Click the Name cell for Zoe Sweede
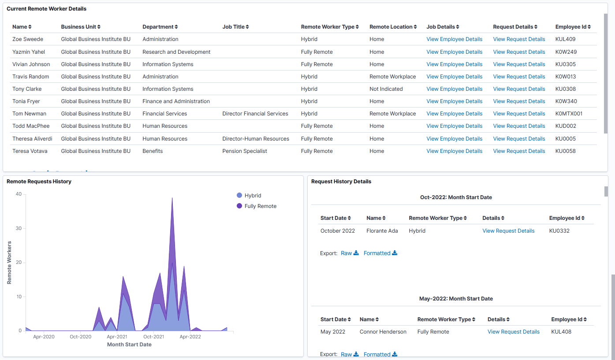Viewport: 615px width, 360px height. [28, 39]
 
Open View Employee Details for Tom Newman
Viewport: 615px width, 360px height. [454, 114]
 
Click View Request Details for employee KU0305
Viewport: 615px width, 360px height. [519, 64]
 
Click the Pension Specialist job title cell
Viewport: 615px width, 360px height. [245, 151]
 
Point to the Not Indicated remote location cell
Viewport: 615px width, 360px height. [386, 89]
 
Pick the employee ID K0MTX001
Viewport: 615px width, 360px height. [569, 114]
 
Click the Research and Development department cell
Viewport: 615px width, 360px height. [176, 52]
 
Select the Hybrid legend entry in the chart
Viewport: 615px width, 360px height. [253, 196]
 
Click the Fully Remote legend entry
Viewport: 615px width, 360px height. [260, 206]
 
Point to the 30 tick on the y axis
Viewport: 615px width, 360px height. [19, 229]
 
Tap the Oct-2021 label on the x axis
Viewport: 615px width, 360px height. [153, 337]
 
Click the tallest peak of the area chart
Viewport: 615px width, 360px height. [172, 198]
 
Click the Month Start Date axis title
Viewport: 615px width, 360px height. [129, 345]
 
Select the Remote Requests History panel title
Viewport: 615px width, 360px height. [39, 182]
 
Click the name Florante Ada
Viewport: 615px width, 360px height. [382, 231]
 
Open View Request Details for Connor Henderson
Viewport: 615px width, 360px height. [513, 332]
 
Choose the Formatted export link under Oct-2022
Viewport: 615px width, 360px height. [380, 253]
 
